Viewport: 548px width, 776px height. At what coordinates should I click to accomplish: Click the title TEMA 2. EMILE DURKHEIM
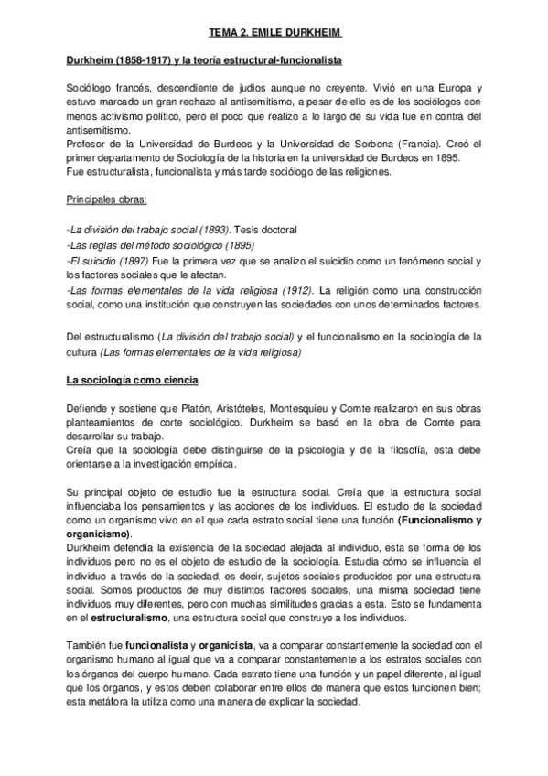[274, 30]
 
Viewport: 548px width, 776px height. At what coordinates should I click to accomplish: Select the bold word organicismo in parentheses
[99, 533]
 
